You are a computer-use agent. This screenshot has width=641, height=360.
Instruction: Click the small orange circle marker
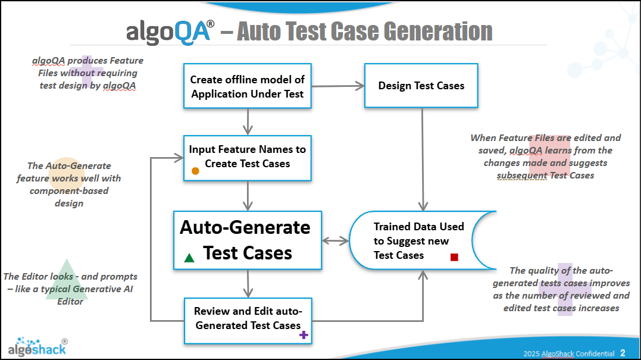(195, 171)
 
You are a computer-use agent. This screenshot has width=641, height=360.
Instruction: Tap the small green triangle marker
(189, 258)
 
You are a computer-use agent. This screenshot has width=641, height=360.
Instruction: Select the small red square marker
(454, 257)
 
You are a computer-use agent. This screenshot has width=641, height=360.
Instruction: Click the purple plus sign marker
(304, 335)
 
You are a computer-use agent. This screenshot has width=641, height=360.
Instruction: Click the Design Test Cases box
(421, 86)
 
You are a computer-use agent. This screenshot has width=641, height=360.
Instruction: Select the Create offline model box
(248, 86)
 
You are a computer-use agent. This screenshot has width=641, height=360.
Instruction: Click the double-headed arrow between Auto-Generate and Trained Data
(336, 241)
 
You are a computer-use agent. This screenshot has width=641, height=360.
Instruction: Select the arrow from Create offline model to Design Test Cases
(338, 86)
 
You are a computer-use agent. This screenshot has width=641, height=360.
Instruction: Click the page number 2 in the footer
(623, 352)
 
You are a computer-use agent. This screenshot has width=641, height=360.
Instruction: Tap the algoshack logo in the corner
(37, 346)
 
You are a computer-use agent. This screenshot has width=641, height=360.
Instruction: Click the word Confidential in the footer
(592, 353)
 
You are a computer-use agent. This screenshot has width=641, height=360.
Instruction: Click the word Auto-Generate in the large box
(245, 227)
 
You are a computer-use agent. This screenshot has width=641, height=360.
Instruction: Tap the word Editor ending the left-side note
(70, 301)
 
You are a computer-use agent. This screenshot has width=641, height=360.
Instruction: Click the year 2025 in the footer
(531, 353)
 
